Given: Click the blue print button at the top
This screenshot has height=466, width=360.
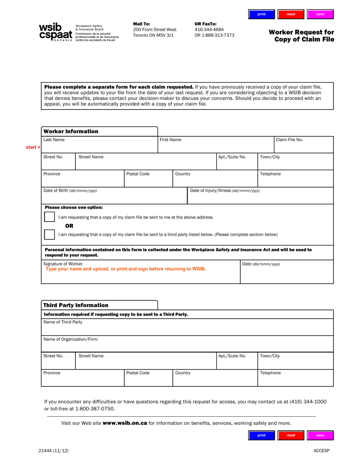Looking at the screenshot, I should (261, 14).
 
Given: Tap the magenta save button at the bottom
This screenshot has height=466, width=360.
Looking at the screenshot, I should (320, 435).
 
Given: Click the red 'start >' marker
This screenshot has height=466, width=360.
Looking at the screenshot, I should (33, 147).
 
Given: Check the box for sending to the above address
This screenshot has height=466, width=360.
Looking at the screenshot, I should (49, 217).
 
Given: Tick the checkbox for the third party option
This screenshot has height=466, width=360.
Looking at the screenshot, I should (49, 235).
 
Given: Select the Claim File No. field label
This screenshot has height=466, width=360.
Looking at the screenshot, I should (289, 140).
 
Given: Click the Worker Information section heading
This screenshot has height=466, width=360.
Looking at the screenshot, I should (71, 131).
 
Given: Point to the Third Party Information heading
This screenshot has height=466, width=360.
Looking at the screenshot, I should (76, 305).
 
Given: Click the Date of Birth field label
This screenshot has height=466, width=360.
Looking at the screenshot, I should (70, 191).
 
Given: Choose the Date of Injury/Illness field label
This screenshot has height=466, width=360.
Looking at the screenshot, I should (225, 191).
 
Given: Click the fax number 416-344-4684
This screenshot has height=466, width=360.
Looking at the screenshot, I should (209, 30).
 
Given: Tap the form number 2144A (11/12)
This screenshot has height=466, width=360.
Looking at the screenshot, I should (53, 450).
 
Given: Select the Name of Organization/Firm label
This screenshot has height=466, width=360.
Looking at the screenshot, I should (71, 339).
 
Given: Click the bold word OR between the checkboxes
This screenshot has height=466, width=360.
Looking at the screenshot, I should (69, 226).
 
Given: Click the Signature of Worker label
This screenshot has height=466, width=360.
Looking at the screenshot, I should (63, 264).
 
